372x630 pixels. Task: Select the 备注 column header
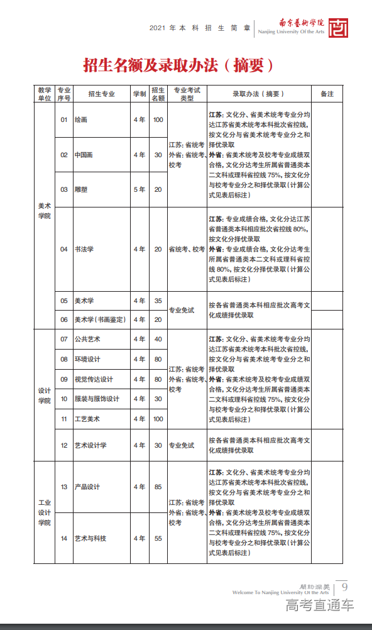coord(327,94)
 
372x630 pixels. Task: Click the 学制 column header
coord(139,94)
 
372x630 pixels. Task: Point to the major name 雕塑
coord(81,189)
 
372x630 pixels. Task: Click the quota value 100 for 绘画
coord(158,119)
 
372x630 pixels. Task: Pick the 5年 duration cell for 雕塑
coord(139,189)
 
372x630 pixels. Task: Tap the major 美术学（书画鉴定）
coord(99,319)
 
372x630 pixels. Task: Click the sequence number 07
coord(63,340)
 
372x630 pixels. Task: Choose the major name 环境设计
coord(87,359)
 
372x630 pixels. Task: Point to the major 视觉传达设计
coord(94,379)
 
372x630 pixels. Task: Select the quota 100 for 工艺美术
coord(158,419)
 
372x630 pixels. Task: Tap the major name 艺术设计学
coord(90,445)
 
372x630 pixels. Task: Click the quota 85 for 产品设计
coord(158,487)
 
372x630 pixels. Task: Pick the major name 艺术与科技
coord(90,538)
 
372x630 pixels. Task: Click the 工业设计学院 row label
coord(44,512)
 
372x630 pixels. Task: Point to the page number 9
coord(344,587)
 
